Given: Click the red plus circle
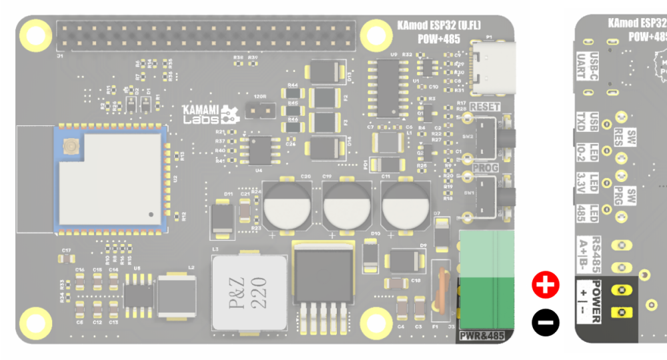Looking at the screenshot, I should click(x=545, y=285).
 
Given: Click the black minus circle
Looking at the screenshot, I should click(x=545, y=323).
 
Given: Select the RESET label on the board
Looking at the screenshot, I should click(x=484, y=107).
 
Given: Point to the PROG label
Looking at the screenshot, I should click(x=485, y=167).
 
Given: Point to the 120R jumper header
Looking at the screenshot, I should click(x=260, y=108).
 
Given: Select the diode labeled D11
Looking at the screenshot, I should click(x=221, y=219).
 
